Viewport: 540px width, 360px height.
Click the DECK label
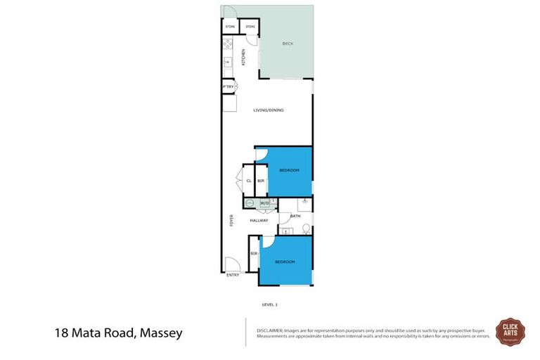(x=287, y=44)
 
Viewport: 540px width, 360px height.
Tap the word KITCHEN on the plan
(x=244, y=57)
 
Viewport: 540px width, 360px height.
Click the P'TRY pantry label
(x=227, y=86)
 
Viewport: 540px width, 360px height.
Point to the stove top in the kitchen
(x=227, y=44)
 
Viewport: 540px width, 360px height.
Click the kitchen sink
(x=226, y=63)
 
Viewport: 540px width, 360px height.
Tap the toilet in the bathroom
(x=306, y=228)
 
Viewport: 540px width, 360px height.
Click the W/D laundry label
(x=264, y=204)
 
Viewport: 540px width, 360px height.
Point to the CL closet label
(x=249, y=181)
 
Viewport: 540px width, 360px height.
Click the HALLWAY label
(x=259, y=221)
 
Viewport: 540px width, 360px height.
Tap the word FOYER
(x=231, y=220)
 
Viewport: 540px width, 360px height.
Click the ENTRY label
(x=233, y=275)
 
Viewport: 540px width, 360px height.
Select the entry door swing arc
(x=231, y=264)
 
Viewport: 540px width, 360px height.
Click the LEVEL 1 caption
(x=270, y=304)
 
